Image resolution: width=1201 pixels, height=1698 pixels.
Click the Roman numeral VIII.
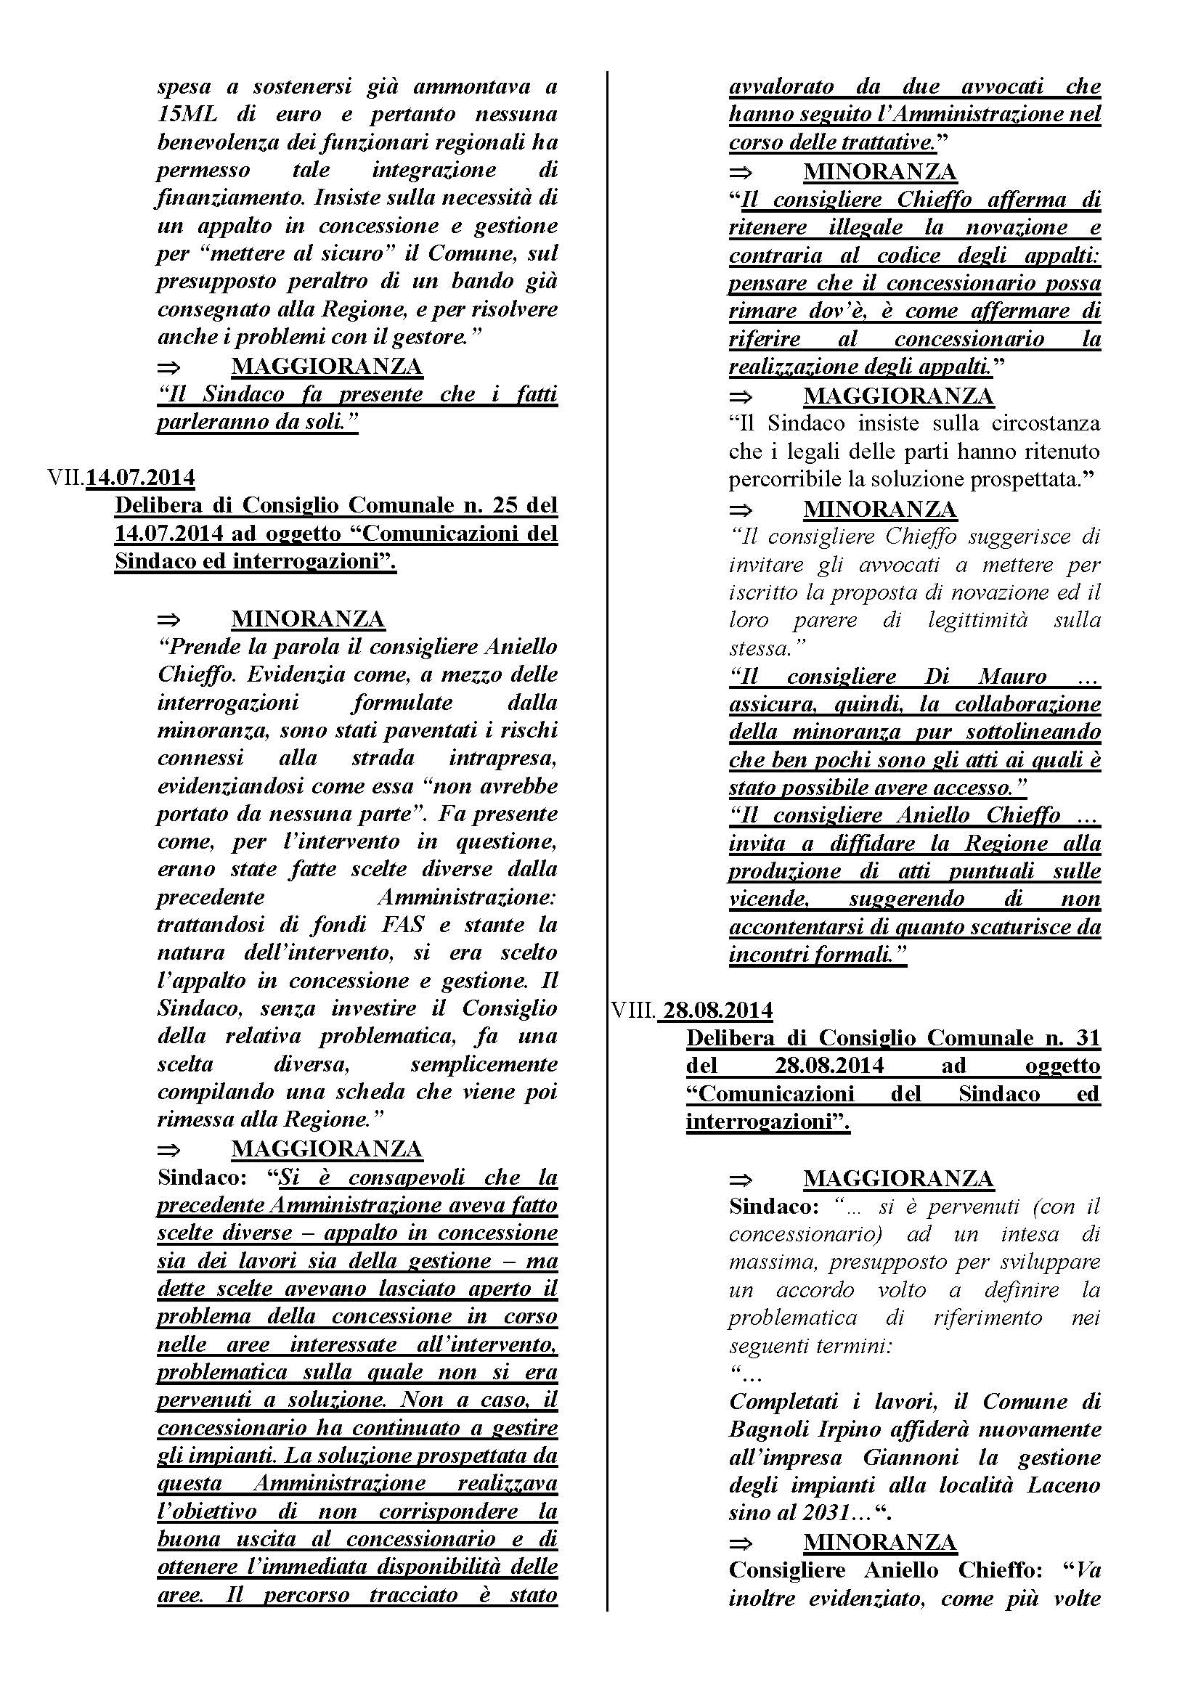[633, 1011]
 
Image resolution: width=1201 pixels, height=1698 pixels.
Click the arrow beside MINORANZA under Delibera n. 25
[169, 620]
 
